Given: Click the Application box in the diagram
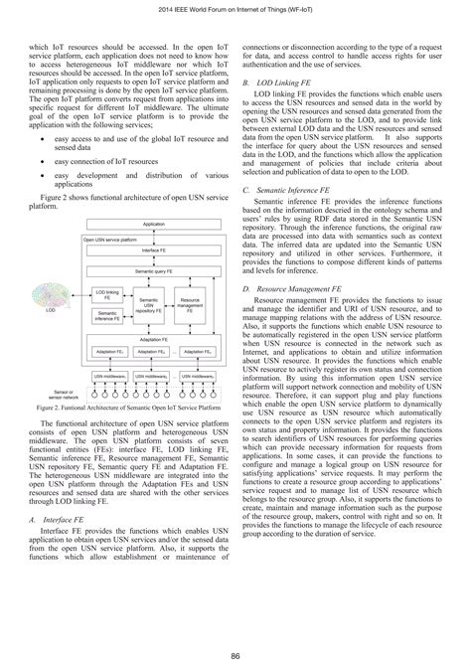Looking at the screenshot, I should [154, 226].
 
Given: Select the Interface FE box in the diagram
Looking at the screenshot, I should [154, 251].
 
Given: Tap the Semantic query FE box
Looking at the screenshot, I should [154, 270].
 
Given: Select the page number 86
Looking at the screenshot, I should [235, 654].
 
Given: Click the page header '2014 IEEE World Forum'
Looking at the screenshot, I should [235, 10].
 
